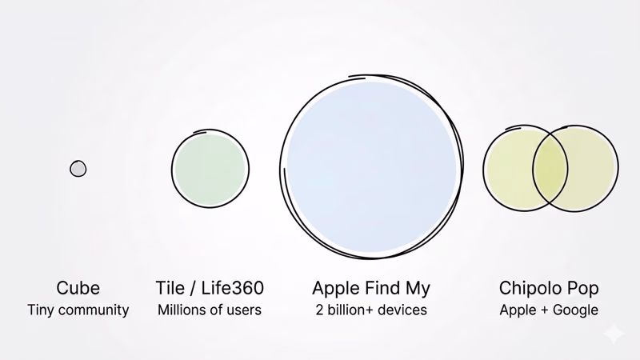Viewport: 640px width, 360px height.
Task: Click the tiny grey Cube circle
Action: coord(78,169)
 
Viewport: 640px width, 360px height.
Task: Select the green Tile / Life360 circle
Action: coord(210,170)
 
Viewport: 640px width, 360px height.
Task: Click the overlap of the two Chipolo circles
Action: coord(550,168)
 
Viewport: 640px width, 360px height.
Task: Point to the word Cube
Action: coord(78,288)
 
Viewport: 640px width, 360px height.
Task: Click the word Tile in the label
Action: coord(170,288)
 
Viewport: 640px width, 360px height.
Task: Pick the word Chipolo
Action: coord(533,288)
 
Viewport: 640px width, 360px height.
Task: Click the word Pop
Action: coord(585,288)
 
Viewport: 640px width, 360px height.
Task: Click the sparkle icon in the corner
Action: coord(614,333)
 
